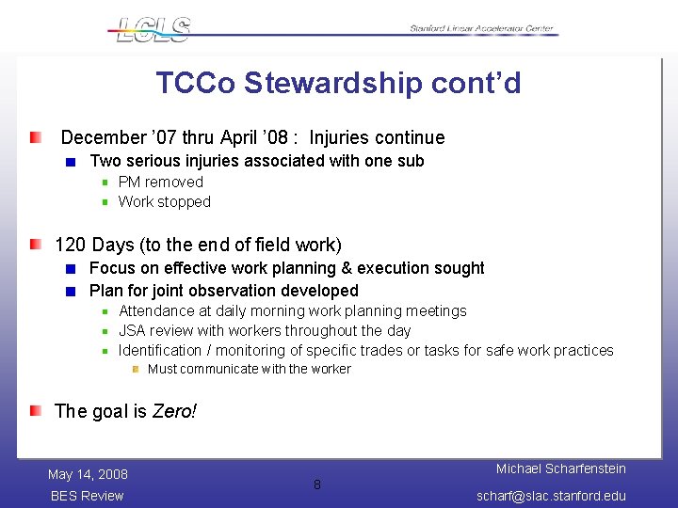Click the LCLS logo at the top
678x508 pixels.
point(151,29)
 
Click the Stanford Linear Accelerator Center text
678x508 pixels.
point(482,29)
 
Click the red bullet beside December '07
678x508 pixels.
point(35,138)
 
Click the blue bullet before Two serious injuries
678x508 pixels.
point(72,162)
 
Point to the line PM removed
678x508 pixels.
point(160,182)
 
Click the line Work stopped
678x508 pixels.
point(164,201)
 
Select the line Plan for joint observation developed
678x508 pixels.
point(223,291)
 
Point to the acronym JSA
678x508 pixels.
point(133,330)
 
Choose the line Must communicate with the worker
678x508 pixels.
point(249,369)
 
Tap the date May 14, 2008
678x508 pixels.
point(88,474)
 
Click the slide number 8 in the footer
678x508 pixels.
point(317,484)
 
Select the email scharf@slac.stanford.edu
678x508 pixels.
point(551,496)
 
